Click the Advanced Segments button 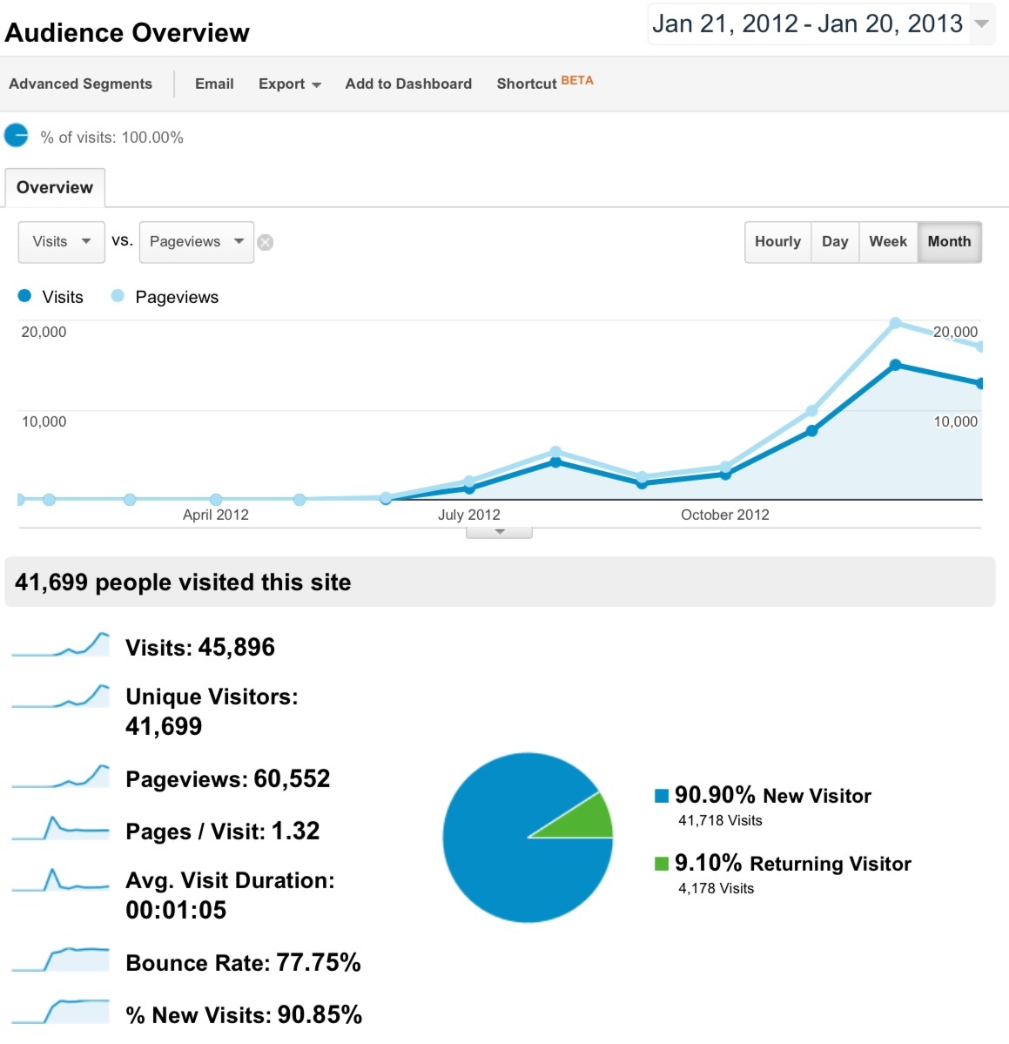pyautogui.click(x=80, y=84)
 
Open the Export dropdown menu pyautogui.click(x=289, y=84)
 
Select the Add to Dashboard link pyautogui.click(x=408, y=84)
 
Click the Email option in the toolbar pyautogui.click(x=214, y=84)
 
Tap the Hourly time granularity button pyautogui.click(x=777, y=241)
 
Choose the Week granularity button pyautogui.click(x=887, y=241)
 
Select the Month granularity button pyautogui.click(x=949, y=241)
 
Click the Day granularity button pyautogui.click(x=835, y=241)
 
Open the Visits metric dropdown pyautogui.click(x=60, y=241)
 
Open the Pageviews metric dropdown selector pyautogui.click(x=196, y=241)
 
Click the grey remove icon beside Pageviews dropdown pyautogui.click(x=266, y=242)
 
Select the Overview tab pyautogui.click(x=55, y=187)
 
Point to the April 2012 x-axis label pyautogui.click(x=216, y=515)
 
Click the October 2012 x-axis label pyautogui.click(x=725, y=515)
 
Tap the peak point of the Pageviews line pyautogui.click(x=895, y=323)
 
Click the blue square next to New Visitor pyautogui.click(x=662, y=795)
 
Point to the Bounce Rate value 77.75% pyautogui.click(x=318, y=962)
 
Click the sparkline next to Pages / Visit pyautogui.click(x=60, y=829)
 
